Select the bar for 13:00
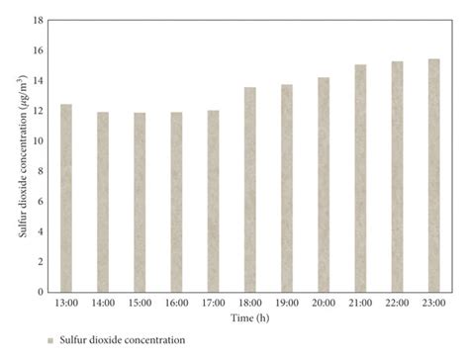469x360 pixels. tap(66, 198)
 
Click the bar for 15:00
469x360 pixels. tap(140, 202)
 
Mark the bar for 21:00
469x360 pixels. tap(360, 178)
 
